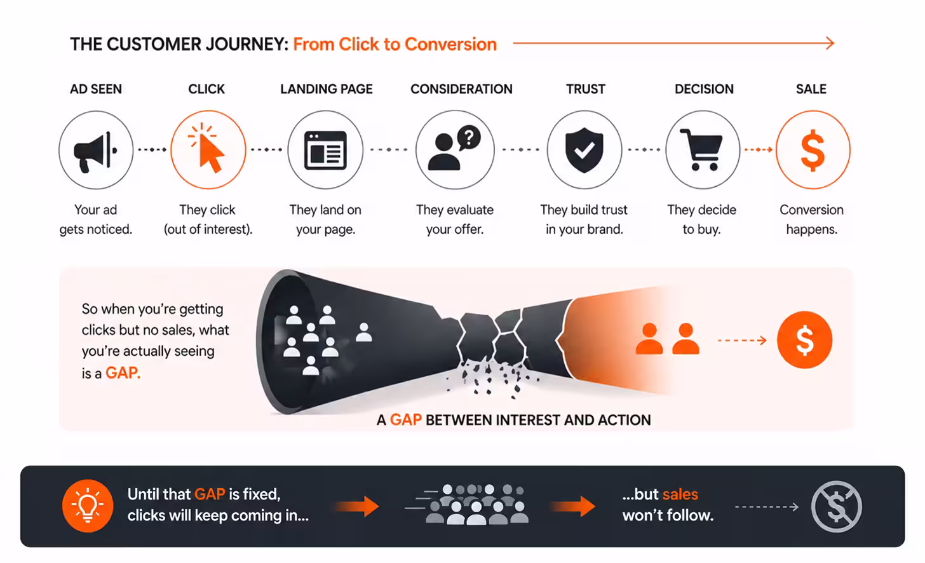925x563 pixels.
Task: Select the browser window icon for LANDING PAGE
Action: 325,151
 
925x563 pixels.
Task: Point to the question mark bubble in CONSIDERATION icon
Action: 469,137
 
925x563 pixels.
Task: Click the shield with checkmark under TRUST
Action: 584,150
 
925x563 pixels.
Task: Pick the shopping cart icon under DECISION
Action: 702,150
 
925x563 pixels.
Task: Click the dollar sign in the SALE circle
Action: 813,151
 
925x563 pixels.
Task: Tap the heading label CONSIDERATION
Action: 461,89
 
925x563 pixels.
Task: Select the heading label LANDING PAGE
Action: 327,89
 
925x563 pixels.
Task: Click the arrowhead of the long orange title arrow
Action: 830,43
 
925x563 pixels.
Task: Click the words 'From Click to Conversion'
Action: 395,44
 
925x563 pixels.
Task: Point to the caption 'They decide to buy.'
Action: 701,219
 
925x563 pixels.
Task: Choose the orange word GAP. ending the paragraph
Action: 123,373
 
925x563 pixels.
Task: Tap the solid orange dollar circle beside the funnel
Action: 804,340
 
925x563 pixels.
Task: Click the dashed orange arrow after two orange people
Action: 742,341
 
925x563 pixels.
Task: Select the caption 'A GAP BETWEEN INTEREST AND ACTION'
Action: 513,420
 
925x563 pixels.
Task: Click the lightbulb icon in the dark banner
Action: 88,506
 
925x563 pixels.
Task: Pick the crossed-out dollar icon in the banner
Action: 836,506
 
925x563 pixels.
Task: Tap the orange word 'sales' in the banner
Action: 680,494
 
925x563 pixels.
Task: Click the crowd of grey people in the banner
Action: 476,505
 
